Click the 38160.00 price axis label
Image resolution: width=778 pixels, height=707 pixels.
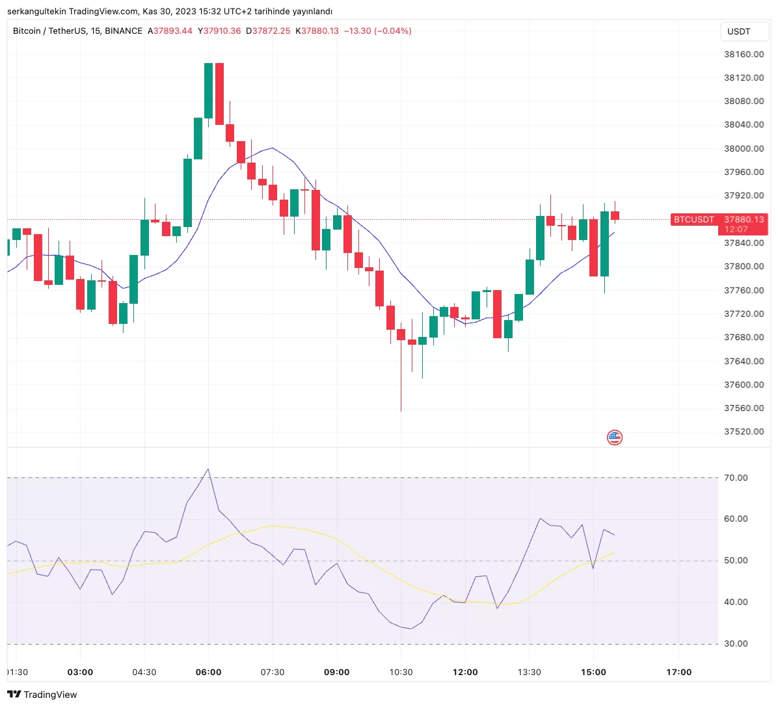(x=744, y=54)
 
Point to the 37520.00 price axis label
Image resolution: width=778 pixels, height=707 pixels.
(x=744, y=431)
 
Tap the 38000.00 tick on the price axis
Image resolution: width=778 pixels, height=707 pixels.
(x=744, y=148)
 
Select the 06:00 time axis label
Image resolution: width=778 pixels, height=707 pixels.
(x=208, y=672)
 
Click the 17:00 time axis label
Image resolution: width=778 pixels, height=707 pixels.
(x=678, y=672)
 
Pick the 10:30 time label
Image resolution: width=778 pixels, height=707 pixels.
(x=401, y=672)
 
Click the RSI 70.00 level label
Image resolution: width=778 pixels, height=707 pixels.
(x=736, y=477)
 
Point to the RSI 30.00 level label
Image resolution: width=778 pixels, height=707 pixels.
(x=736, y=643)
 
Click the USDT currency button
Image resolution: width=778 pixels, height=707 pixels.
(x=738, y=31)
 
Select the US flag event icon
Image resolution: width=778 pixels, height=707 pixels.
(x=614, y=438)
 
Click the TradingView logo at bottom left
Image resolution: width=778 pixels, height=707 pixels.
(x=42, y=695)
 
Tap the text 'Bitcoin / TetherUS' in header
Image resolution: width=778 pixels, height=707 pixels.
(x=49, y=31)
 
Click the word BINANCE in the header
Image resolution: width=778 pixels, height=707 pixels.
(x=124, y=31)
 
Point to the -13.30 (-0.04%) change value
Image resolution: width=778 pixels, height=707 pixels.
(x=377, y=31)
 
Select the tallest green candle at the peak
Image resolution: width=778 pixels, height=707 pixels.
(x=208, y=91)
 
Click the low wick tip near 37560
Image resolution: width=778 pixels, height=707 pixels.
(x=401, y=410)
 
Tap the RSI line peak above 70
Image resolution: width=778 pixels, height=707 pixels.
(x=208, y=469)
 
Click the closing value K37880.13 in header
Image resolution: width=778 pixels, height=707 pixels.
(x=317, y=31)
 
